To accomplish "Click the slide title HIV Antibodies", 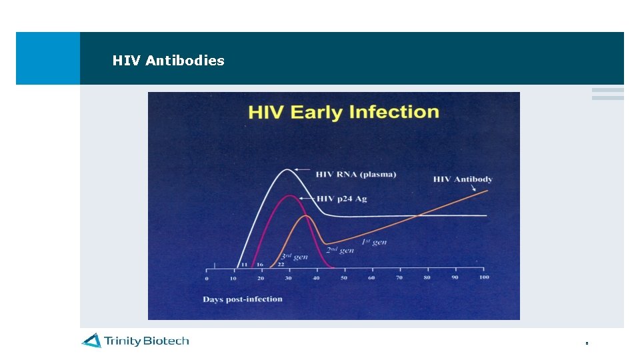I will pos(168,61).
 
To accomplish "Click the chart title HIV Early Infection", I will pos(343,112).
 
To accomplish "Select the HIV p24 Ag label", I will pos(341,199).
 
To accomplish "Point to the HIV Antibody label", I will pos(463,179).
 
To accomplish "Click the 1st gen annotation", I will pos(374,242).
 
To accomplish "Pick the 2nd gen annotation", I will pos(340,250).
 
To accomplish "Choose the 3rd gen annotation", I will pos(293,257).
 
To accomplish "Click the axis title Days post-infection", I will pos(243,299).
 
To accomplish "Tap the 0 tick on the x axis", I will pos(207,278).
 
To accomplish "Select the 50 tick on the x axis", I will pos(343,278).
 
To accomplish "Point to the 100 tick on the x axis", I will pos(483,277).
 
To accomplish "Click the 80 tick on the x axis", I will pos(427,278).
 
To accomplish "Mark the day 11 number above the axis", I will pos(244,265).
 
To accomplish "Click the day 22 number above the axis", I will pos(281,265).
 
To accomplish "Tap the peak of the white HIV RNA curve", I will pos(287,169).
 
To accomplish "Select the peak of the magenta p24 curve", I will pos(289,195).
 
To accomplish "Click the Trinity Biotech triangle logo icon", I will pos(91,341).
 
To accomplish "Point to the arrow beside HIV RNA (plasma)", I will pos(303,173).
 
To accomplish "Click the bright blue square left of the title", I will pos(48,58).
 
